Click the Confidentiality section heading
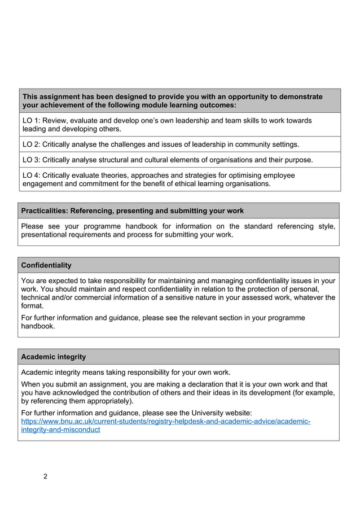pyautogui.click(x=46, y=265)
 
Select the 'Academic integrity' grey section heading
pyautogui.click(x=54, y=357)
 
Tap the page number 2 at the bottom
pyautogui.click(x=45, y=476)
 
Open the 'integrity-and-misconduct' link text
pyautogui.click(x=60, y=429)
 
